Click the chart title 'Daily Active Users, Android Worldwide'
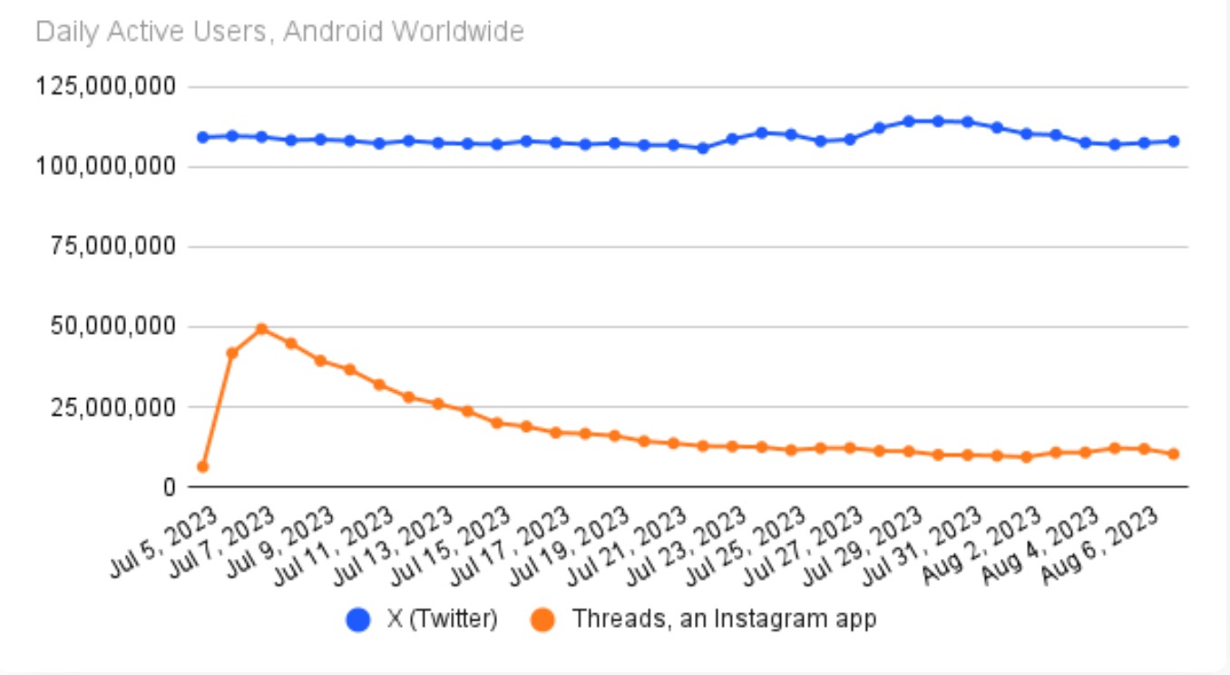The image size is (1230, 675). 279,33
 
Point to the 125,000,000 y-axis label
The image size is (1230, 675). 105,87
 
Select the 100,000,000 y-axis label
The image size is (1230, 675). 105,167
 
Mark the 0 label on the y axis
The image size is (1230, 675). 169,487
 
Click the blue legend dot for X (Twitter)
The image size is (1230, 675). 359,621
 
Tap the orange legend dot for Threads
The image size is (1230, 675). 543,621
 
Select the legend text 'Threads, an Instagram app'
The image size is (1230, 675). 724,620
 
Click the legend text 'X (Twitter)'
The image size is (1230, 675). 443,620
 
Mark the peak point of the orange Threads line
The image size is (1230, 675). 261,328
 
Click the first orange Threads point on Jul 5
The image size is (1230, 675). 202,466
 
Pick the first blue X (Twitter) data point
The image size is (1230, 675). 202,137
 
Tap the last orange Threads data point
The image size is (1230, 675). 1173,454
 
